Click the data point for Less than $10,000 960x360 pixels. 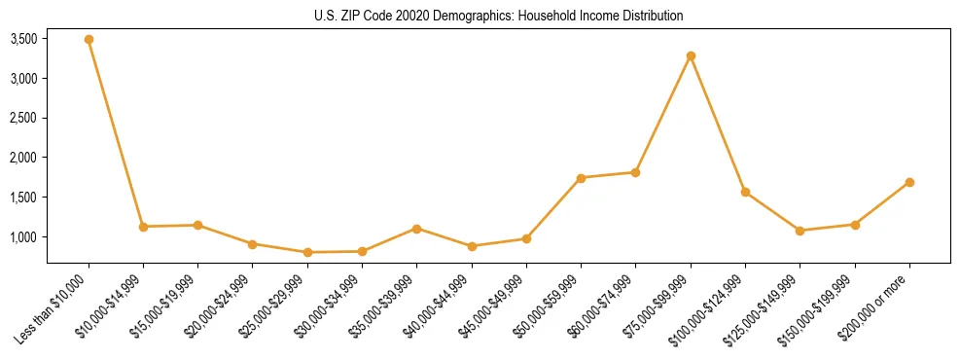pos(89,40)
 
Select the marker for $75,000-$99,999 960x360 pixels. pos(691,56)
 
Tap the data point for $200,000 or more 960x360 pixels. pos(909,182)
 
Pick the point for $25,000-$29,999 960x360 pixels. pos(307,252)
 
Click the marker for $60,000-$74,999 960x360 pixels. pos(635,172)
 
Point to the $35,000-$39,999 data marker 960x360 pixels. pos(416,229)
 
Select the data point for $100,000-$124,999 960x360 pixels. pos(745,192)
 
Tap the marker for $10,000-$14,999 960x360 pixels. pos(143,227)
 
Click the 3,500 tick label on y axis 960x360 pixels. pos(23,39)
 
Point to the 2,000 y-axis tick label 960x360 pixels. pos(23,158)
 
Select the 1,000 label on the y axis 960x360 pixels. pos(23,237)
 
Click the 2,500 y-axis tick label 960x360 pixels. pos(23,119)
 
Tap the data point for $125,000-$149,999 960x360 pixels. pos(800,231)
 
